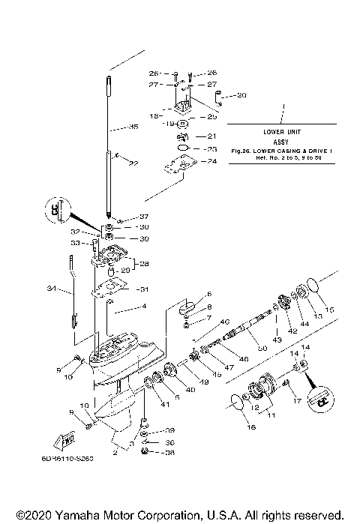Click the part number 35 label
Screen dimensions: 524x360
pyautogui.click(x=134, y=128)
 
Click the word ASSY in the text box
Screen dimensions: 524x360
pyautogui.click(x=281, y=140)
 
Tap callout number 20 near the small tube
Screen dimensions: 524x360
pyautogui.click(x=241, y=95)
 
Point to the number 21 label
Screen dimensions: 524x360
pyautogui.click(x=211, y=136)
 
